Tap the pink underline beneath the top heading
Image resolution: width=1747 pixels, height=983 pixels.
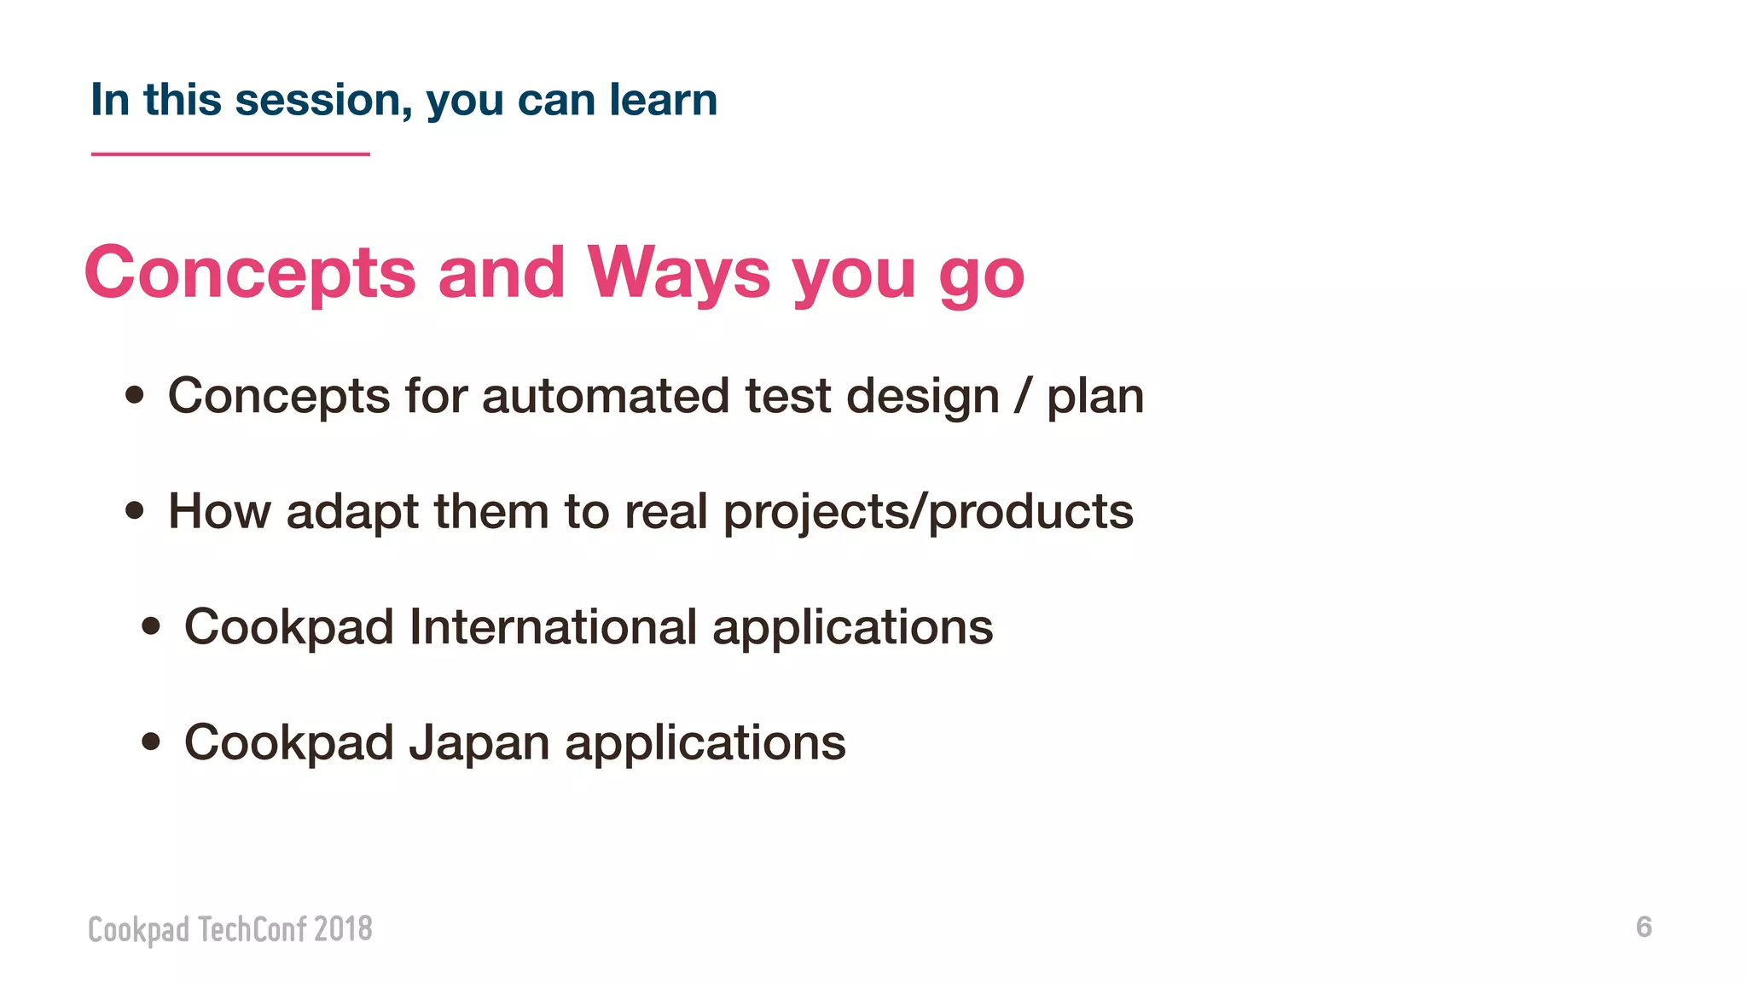coord(230,154)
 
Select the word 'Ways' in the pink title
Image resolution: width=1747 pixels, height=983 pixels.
coord(678,273)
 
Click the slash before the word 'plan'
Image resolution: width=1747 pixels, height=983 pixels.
coord(1022,397)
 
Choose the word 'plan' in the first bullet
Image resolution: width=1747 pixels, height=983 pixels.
coord(1095,399)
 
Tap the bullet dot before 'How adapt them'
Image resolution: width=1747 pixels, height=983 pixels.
coord(134,511)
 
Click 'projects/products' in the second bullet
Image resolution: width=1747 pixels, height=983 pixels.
coord(928,514)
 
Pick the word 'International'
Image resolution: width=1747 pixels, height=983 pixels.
coord(554,627)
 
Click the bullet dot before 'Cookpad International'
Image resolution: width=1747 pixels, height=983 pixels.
coord(151,627)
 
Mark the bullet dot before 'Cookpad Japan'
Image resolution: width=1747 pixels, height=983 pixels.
coord(151,742)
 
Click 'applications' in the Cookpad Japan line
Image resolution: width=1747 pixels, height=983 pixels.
coord(705,744)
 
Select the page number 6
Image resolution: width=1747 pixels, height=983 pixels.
coord(1644,927)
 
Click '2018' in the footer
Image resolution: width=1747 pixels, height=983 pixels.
coord(343,929)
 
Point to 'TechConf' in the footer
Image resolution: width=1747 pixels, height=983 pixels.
coord(252,929)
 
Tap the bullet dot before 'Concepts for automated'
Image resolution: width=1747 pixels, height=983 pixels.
coord(134,396)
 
